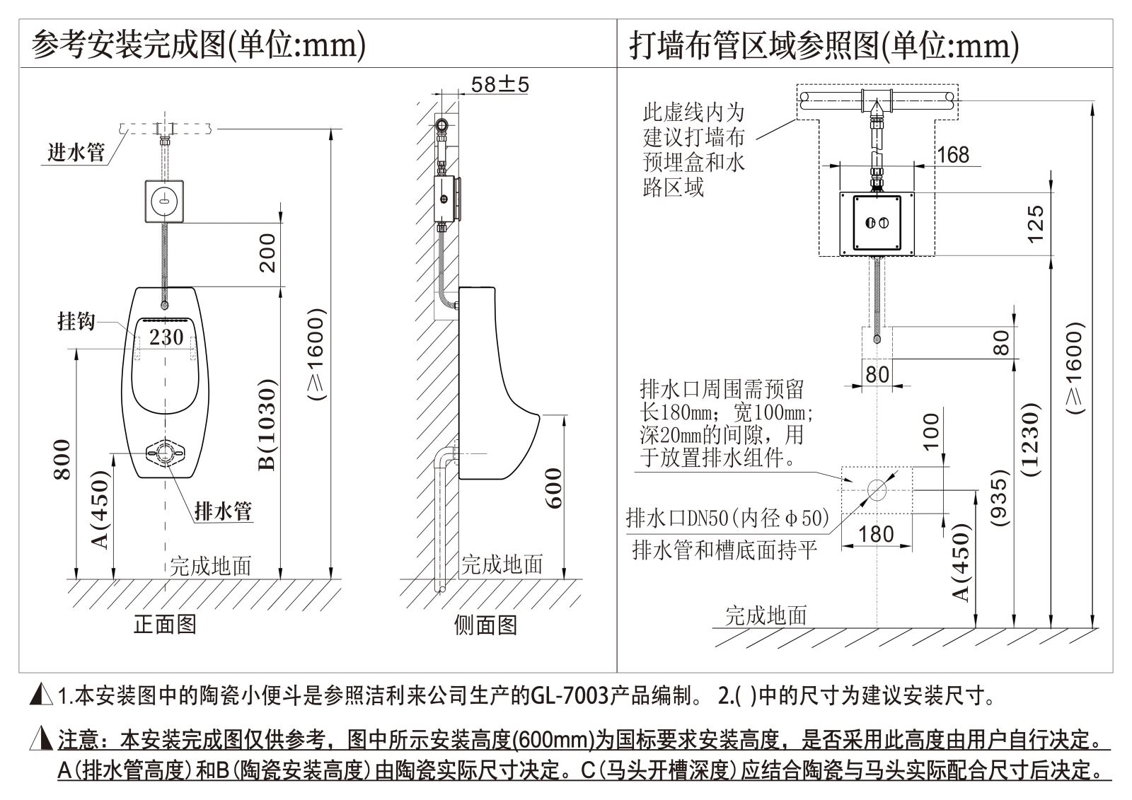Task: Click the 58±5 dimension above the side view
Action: coord(499,85)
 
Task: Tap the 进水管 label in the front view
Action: coord(76,152)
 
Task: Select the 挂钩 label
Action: coord(76,322)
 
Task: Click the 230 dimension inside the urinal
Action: coord(166,337)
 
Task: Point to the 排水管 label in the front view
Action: coord(223,511)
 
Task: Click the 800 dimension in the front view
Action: coord(62,459)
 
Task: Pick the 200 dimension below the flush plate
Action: coord(268,253)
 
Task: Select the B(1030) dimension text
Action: coord(268,424)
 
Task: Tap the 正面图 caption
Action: coord(165,623)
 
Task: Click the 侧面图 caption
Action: coord(485,625)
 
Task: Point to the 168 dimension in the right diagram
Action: coord(952,155)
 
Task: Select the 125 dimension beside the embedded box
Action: coord(1035,224)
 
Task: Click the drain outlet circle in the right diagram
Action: coord(877,489)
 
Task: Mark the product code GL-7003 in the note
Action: coord(570,696)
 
